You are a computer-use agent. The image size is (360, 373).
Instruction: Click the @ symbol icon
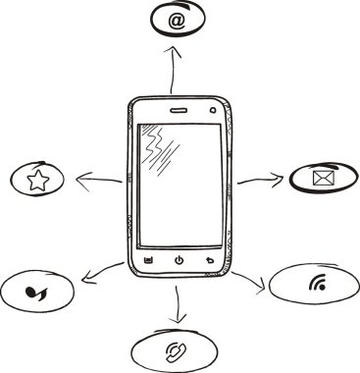177,20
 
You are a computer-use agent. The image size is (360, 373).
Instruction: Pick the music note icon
36,290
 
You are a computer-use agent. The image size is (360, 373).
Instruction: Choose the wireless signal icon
316,286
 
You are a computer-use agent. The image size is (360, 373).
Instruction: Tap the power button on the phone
179,260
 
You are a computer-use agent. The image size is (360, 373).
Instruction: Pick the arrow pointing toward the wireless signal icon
249,282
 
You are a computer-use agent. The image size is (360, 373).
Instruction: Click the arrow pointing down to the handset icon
178,304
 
